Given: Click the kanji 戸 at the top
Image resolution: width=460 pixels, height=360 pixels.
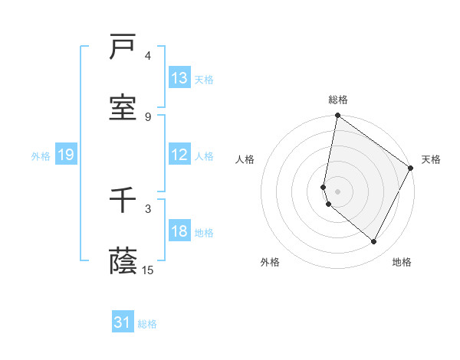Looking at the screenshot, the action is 123,49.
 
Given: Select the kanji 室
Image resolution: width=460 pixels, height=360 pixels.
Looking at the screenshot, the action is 123,109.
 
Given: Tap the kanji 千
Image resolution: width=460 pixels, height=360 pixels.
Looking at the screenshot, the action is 123,201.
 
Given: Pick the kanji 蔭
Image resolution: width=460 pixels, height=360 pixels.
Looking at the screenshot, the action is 123,262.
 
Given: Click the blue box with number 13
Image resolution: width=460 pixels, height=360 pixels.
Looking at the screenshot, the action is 179,78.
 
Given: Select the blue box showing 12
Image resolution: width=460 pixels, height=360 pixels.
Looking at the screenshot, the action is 179,155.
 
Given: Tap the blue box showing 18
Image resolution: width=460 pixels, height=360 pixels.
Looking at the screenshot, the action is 179,231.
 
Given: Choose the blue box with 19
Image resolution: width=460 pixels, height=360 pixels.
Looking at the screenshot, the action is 65,155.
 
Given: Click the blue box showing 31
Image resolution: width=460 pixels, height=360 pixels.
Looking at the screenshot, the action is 123,323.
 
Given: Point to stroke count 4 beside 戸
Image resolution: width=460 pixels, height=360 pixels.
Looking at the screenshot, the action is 148,56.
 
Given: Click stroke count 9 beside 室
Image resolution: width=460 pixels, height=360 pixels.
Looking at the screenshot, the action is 148,116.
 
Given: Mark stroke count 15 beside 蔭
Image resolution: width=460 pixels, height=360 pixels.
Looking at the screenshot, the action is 148,270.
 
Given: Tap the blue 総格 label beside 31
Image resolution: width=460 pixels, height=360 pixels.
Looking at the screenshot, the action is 147,324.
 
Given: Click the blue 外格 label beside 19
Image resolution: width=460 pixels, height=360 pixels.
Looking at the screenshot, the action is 41,155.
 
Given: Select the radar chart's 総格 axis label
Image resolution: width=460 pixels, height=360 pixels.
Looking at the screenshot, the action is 338,100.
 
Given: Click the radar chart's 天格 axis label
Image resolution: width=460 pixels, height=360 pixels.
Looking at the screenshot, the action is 431,159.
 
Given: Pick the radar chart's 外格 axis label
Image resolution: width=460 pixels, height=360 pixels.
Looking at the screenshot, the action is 270,262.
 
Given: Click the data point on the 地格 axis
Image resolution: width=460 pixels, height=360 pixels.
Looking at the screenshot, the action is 374,242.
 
